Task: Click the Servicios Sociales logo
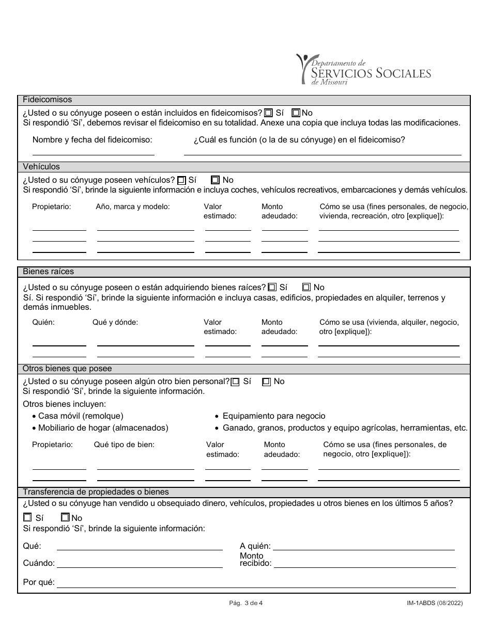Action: point(363,70)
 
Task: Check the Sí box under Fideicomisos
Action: point(268,113)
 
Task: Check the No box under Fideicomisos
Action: point(296,113)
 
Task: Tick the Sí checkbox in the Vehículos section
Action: point(181,180)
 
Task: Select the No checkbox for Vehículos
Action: point(216,180)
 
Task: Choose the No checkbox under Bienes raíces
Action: point(306,287)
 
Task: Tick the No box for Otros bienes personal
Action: point(267,382)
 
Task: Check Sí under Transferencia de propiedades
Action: point(27,517)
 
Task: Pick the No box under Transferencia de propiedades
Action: point(65,517)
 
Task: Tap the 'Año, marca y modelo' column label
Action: point(132,207)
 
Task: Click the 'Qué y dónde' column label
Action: point(115,322)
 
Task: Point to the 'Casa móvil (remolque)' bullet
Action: point(81,416)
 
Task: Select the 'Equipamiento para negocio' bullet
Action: point(274,416)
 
